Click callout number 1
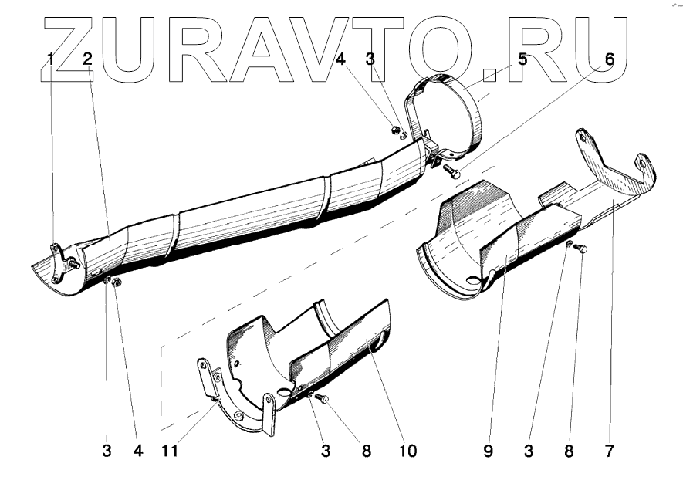(50, 59)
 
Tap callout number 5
(522, 59)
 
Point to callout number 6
(610, 59)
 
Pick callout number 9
(488, 451)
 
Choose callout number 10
(407, 451)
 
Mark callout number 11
(170, 451)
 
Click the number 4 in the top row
(341, 59)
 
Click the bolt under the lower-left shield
(323, 398)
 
